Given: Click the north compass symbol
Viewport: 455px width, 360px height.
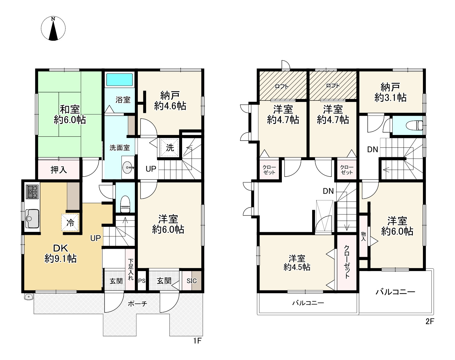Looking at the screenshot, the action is click(53, 29).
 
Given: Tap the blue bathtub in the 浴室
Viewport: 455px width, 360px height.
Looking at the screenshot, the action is click(119, 80).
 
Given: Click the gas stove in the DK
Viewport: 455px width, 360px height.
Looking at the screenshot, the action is click(32, 192).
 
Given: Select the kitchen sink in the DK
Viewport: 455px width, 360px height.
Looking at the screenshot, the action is click(32, 218).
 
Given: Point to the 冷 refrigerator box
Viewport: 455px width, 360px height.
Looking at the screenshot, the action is click(70, 222).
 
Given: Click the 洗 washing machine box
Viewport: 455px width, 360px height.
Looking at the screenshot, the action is click(170, 147).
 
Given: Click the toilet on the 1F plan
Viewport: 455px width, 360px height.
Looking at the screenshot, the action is click(125, 204).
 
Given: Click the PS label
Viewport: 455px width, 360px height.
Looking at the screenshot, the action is click(142, 281).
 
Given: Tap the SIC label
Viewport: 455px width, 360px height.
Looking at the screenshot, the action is click(192, 281).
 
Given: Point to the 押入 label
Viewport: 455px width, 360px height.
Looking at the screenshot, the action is click(59, 170).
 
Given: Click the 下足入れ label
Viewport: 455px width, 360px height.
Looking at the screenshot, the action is click(131, 270).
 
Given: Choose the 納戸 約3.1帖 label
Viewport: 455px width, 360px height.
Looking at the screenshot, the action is click(390, 92).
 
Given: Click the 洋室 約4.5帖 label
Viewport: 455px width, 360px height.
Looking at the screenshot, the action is click(297, 263).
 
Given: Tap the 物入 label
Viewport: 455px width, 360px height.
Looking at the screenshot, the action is click(363, 236).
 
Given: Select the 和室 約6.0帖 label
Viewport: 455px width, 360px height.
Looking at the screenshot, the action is click(70, 115).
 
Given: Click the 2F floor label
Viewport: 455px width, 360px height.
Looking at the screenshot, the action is click(429, 321).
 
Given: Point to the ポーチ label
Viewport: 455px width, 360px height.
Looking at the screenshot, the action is click(138, 304).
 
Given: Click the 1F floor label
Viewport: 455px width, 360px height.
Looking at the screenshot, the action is click(197, 341).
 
